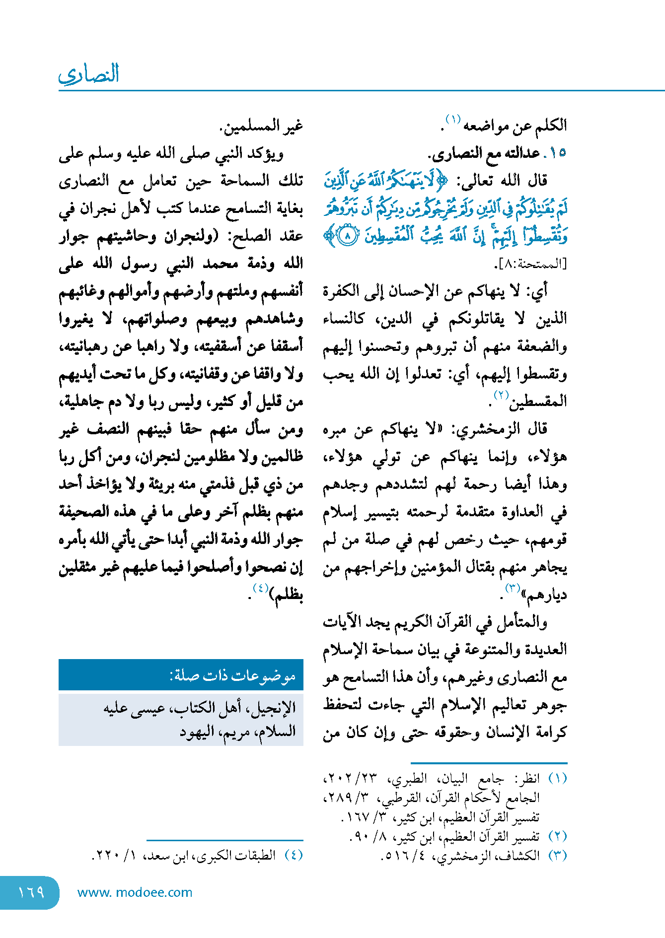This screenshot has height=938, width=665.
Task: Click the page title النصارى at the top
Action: pyautogui.click(x=89, y=74)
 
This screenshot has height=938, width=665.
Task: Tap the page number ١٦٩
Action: pyautogui.click(x=31, y=892)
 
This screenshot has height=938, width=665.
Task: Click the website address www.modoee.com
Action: pyautogui.click(x=135, y=892)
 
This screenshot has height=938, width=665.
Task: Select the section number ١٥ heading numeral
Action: pyautogui.click(x=557, y=153)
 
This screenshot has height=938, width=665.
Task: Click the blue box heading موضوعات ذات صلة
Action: pyautogui.click(x=232, y=675)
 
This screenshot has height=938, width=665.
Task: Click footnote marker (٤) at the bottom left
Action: pyautogui.click(x=294, y=855)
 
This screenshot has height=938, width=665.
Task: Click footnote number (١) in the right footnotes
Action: pyautogui.click(x=557, y=778)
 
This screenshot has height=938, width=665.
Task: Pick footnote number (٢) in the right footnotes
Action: pyautogui.click(x=557, y=836)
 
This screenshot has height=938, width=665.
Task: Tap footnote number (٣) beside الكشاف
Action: pyautogui.click(x=557, y=856)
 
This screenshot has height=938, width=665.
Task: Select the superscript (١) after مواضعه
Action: pyautogui.click(x=453, y=120)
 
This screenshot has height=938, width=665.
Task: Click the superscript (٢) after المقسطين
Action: pyautogui.click(x=501, y=395)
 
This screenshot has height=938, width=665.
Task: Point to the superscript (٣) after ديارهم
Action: pyautogui.click(x=512, y=589)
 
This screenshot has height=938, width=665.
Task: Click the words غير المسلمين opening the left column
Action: pyautogui.click(x=262, y=126)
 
